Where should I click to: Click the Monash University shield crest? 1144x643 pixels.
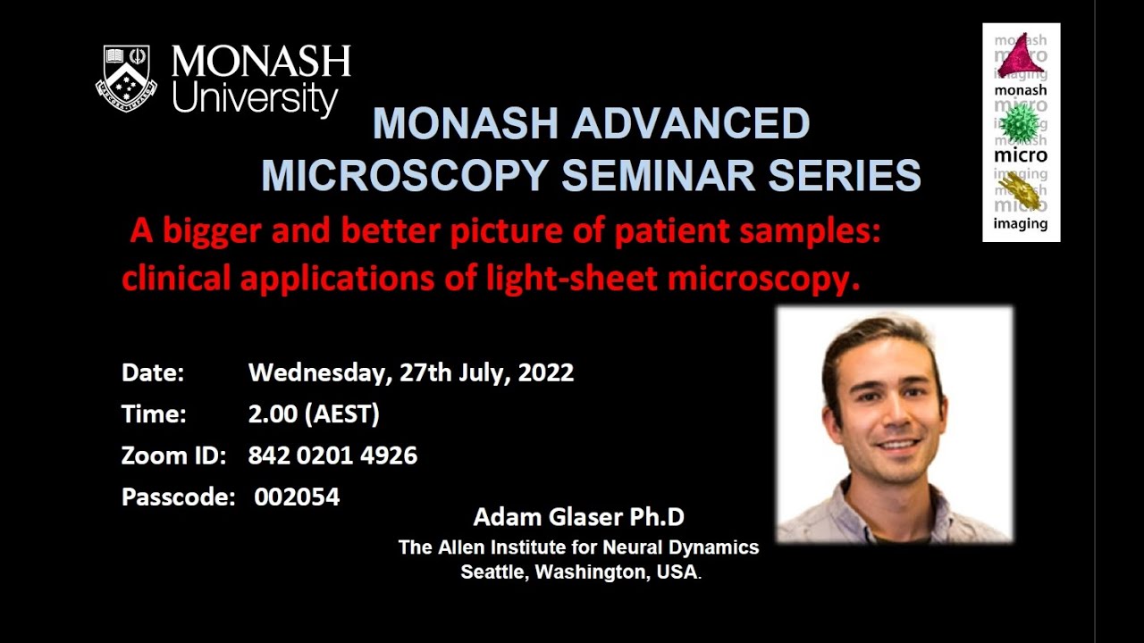coord(126,78)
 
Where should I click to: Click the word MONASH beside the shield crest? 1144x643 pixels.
coord(261,63)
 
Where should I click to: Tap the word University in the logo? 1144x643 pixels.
coord(255,99)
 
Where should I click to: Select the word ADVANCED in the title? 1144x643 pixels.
coord(694,124)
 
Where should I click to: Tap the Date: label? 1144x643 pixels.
coord(153,372)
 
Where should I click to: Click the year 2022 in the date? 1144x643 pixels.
coord(545,372)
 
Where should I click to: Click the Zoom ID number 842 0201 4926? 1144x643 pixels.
coord(332,455)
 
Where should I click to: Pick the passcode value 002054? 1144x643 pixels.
coord(297,497)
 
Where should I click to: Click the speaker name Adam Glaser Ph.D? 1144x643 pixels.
coord(578,517)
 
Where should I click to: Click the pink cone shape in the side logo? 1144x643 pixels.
coord(1021,60)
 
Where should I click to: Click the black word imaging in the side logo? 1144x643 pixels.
coord(1021,224)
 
